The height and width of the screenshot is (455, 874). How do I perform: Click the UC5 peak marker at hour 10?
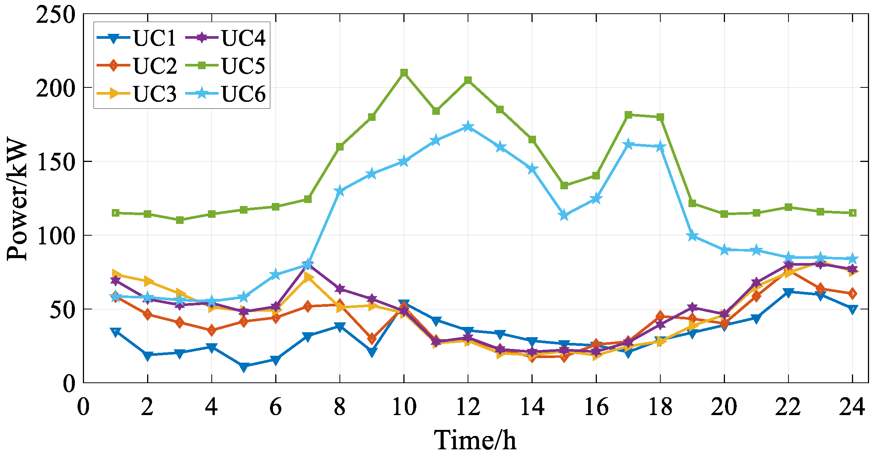[x=404, y=73]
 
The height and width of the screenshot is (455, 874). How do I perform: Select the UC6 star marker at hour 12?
[x=468, y=127]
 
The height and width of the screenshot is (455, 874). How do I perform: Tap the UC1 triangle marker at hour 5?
[x=244, y=367]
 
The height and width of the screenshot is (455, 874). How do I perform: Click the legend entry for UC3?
[x=154, y=94]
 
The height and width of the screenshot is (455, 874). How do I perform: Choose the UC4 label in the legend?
[x=243, y=38]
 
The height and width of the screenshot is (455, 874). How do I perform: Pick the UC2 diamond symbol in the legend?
[x=113, y=65]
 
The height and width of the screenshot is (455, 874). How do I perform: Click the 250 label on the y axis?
[x=55, y=15]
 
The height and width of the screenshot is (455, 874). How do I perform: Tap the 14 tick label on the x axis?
[x=532, y=407]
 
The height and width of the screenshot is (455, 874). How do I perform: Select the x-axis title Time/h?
[x=475, y=440]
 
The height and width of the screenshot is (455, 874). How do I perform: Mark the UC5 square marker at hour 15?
[x=564, y=185]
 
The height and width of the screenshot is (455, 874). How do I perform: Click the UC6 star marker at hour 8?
[x=340, y=191]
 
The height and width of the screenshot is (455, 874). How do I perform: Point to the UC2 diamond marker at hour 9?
[x=372, y=338]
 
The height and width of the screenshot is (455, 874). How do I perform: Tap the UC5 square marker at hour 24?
[x=852, y=213]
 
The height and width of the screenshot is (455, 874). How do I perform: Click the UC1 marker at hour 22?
[x=788, y=292]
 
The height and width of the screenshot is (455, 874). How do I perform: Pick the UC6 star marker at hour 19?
[x=692, y=236]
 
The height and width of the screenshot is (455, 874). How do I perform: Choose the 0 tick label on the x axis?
[x=83, y=407]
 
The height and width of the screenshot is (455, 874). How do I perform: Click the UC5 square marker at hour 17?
[x=628, y=115]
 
